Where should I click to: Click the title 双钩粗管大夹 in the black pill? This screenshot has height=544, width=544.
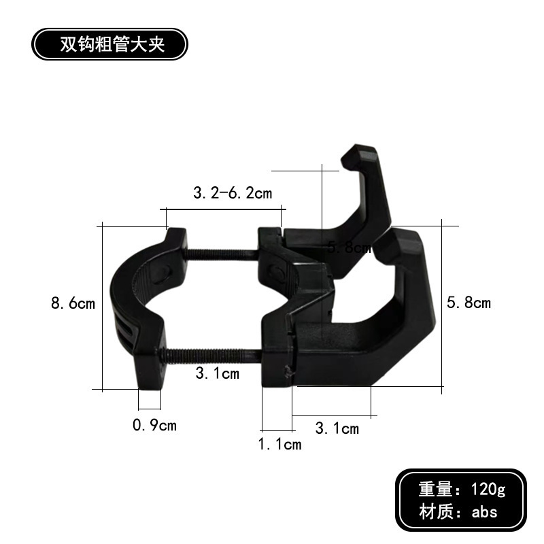click(108, 45)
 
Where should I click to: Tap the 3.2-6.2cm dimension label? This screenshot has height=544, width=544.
click(232, 193)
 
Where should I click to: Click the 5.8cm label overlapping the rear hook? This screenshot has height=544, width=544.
click(349, 248)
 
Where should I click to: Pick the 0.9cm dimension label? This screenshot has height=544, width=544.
click(154, 426)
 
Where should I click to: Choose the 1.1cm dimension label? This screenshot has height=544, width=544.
click(279, 445)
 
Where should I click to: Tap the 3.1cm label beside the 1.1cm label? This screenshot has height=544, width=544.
click(337, 428)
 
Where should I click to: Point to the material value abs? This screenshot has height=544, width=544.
click(485, 512)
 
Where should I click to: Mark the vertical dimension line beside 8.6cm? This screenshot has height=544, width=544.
click(101, 306)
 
